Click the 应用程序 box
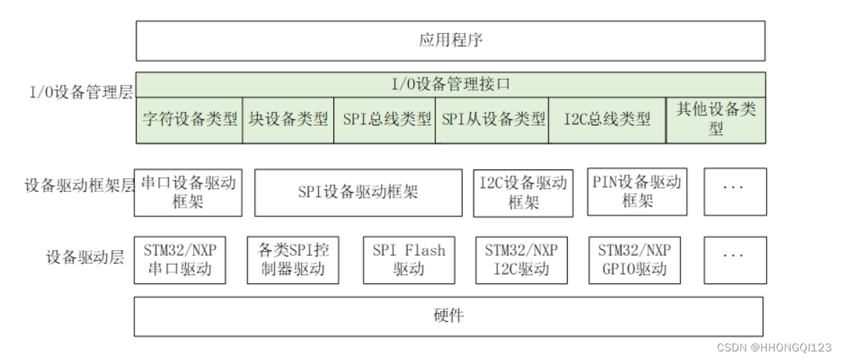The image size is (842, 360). pyautogui.click(x=450, y=40)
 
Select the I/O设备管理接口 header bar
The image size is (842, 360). pyautogui.click(x=450, y=84)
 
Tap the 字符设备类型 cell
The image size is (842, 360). pyautogui.click(x=190, y=119)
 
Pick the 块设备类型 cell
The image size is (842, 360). pyautogui.click(x=288, y=119)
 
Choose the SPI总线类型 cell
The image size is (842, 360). pyautogui.click(x=385, y=119)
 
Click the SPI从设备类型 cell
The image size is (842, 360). pyautogui.click(x=492, y=119)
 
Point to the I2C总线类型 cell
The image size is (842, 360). pyautogui.click(x=607, y=119)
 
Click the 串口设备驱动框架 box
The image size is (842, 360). pyautogui.click(x=188, y=191)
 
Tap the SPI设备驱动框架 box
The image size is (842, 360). pyautogui.click(x=358, y=193)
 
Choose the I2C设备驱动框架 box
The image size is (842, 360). pyautogui.click(x=523, y=193)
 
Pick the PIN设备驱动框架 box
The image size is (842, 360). pyautogui.click(x=637, y=191)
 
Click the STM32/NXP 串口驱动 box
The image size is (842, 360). pyautogui.click(x=179, y=259)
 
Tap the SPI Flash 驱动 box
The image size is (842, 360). pyautogui.click(x=409, y=259)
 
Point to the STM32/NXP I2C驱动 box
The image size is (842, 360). pyautogui.click(x=521, y=259)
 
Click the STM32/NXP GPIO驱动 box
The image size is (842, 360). pyautogui.click(x=634, y=259)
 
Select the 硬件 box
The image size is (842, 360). pyautogui.click(x=448, y=317)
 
